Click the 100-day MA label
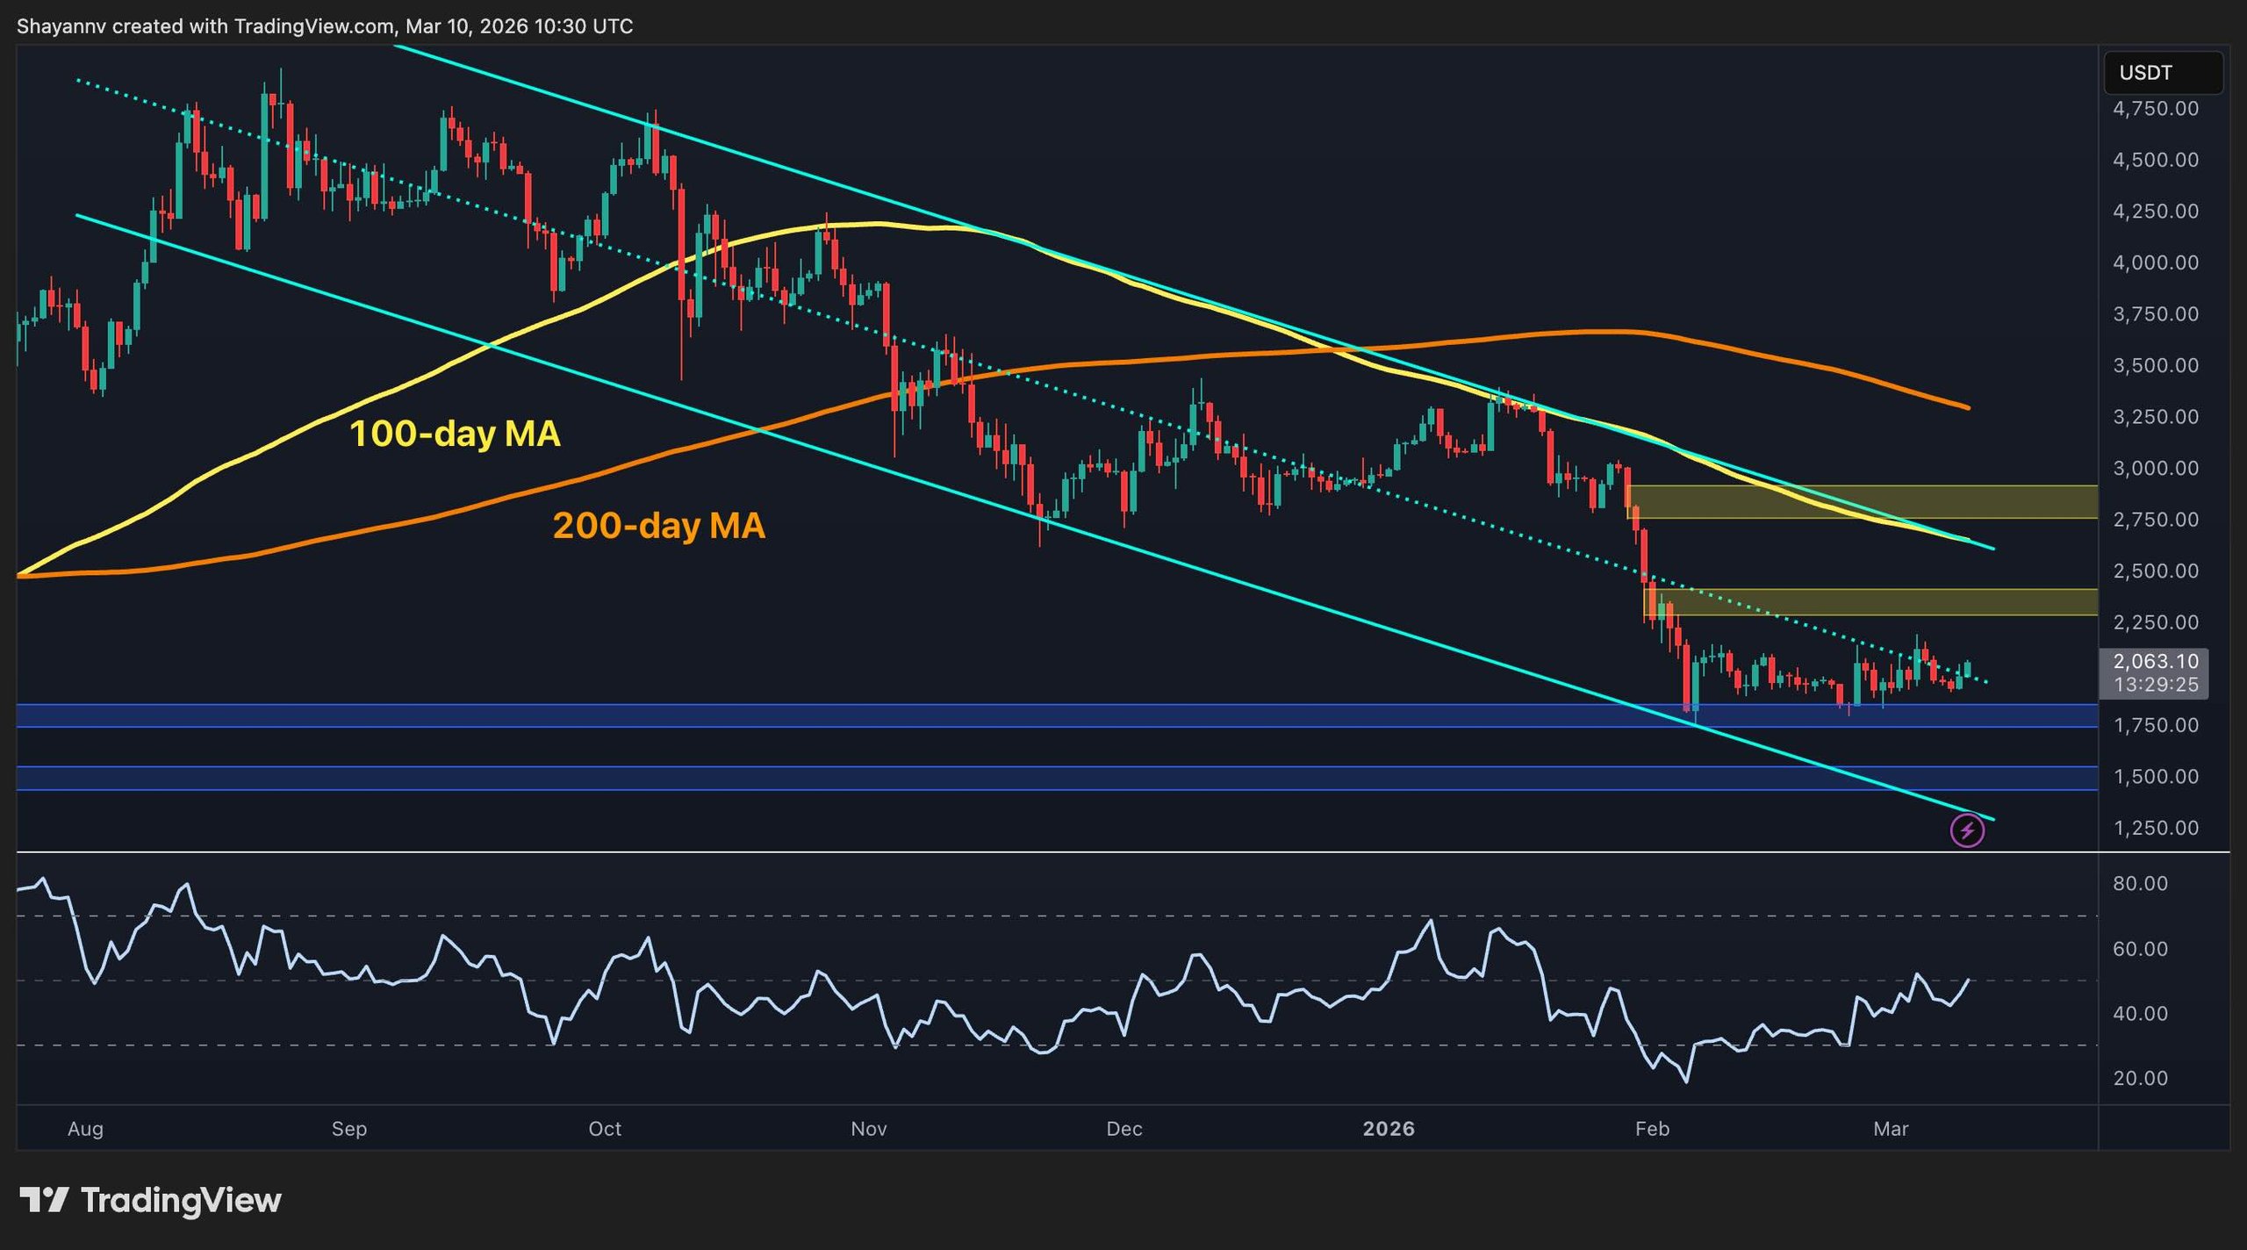point(455,434)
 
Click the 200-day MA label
point(658,526)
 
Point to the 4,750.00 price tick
point(2155,109)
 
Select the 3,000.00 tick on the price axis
point(2155,468)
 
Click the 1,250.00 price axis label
point(2155,828)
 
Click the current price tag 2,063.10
point(2155,661)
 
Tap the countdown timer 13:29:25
point(2155,685)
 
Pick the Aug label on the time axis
point(85,1129)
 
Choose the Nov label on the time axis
point(868,1129)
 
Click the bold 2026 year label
point(1389,1129)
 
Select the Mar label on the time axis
point(1891,1129)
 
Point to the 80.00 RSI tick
point(2140,883)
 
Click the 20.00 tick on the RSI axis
point(2140,1078)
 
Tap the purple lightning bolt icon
point(1967,830)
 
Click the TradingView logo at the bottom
point(151,1200)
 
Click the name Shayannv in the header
point(61,26)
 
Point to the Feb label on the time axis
point(1652,1129)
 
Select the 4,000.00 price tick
point(2155,262)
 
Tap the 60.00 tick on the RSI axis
point(2140,949)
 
